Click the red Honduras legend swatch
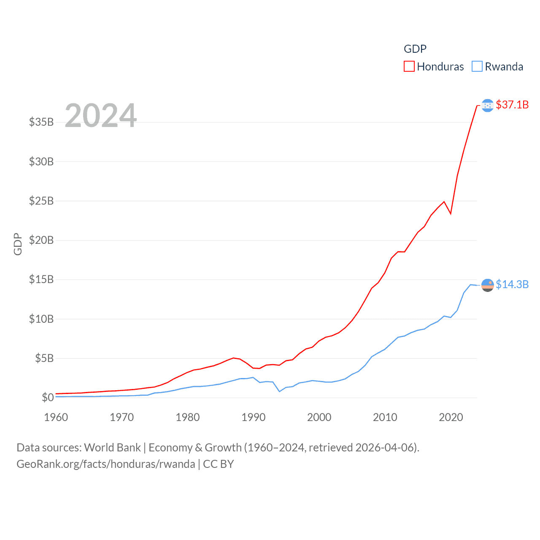pos(409,67)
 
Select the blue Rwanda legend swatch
pos(477,67)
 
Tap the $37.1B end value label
pos(512,105)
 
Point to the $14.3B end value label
pos(512,284)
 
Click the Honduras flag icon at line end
pos(488,105)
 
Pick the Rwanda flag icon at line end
pos(488,285)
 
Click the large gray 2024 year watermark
pos(101,115)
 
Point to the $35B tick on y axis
pos(41,122)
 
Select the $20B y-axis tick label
pos(41,240)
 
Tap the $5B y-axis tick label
pos(44,359)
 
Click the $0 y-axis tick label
pos(48,397)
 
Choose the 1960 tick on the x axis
pos(56,418)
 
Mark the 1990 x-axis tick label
pos(254,418)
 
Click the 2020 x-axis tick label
pos(451,418)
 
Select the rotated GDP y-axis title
pos(18,244)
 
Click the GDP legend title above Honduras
pos(415,49)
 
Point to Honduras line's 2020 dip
pos(451,213)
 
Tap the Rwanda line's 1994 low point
pos(279,391)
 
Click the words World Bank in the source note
pos(113,448)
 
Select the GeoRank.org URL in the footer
pos(106,464)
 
